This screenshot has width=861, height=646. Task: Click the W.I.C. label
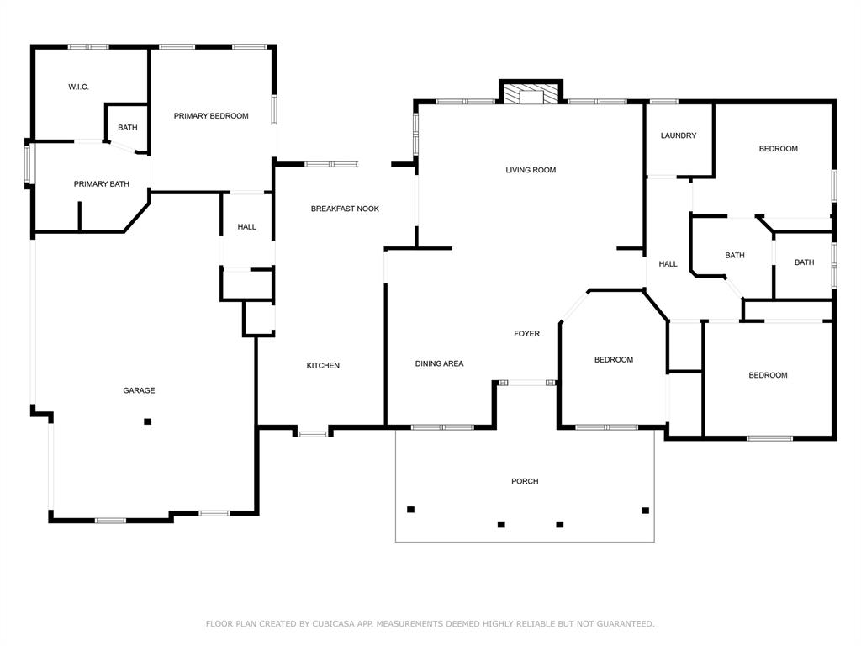pyautogui.click(x=78, y=87)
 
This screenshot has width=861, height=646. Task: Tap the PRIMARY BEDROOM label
pyautogui.click(x=211, y=116)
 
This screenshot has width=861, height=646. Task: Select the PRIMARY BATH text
pyautogui.click(x=102, y=184)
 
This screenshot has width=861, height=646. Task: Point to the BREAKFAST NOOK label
pyautogui.click(x=345, y=209)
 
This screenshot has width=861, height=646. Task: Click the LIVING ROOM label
pyautogui.click(x=531, y=170)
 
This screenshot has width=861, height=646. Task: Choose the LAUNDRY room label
pyautogui.click(x=679, y=135)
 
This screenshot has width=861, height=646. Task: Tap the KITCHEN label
pyautogui.click(x=323, y=365)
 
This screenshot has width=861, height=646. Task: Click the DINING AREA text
pyautogui.click(x=439, y=363)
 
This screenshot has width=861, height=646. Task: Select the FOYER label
pyautogui.click(x=526, y=333)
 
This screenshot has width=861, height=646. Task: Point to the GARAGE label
pyautogui.click(x=139, y=390)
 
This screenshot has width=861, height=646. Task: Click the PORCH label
pyautogui.click(x=525, y=481)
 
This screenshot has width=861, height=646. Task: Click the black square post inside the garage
pyautogui.click(x=147, y=422)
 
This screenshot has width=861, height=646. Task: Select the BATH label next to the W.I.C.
pyautogui.click(x=128, y=128)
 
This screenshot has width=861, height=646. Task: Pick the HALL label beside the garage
pyautogui.click(x=246, y=227)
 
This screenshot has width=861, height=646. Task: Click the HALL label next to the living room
pyautogui.click(x=668, y=264)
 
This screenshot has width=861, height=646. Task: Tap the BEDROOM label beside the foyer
pyautogui.click(x=614, y=360)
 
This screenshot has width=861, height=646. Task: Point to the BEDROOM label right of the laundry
pyautogui.click(x=778, y=149)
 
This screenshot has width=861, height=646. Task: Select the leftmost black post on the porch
pyautogui.click(x=410, y=510)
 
